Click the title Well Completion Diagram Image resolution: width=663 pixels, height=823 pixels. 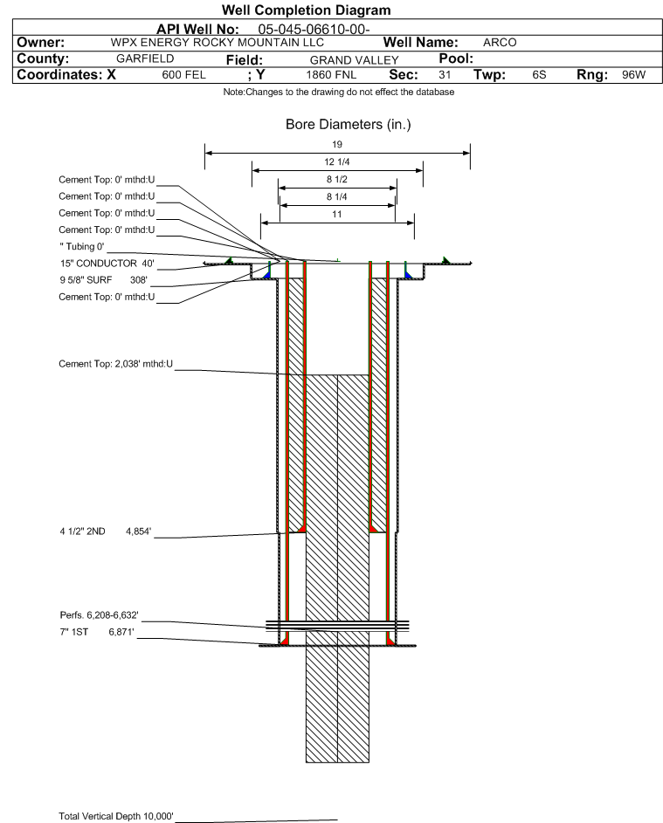(331, 10)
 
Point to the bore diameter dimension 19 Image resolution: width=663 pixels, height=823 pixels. (336, 144)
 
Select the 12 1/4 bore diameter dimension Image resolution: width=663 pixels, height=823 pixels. (336, 161)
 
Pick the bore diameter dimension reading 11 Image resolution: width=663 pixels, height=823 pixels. (336, 214)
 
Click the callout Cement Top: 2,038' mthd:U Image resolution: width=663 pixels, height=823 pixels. (115, 364)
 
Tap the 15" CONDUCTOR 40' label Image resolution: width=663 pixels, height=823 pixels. (105, 263)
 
